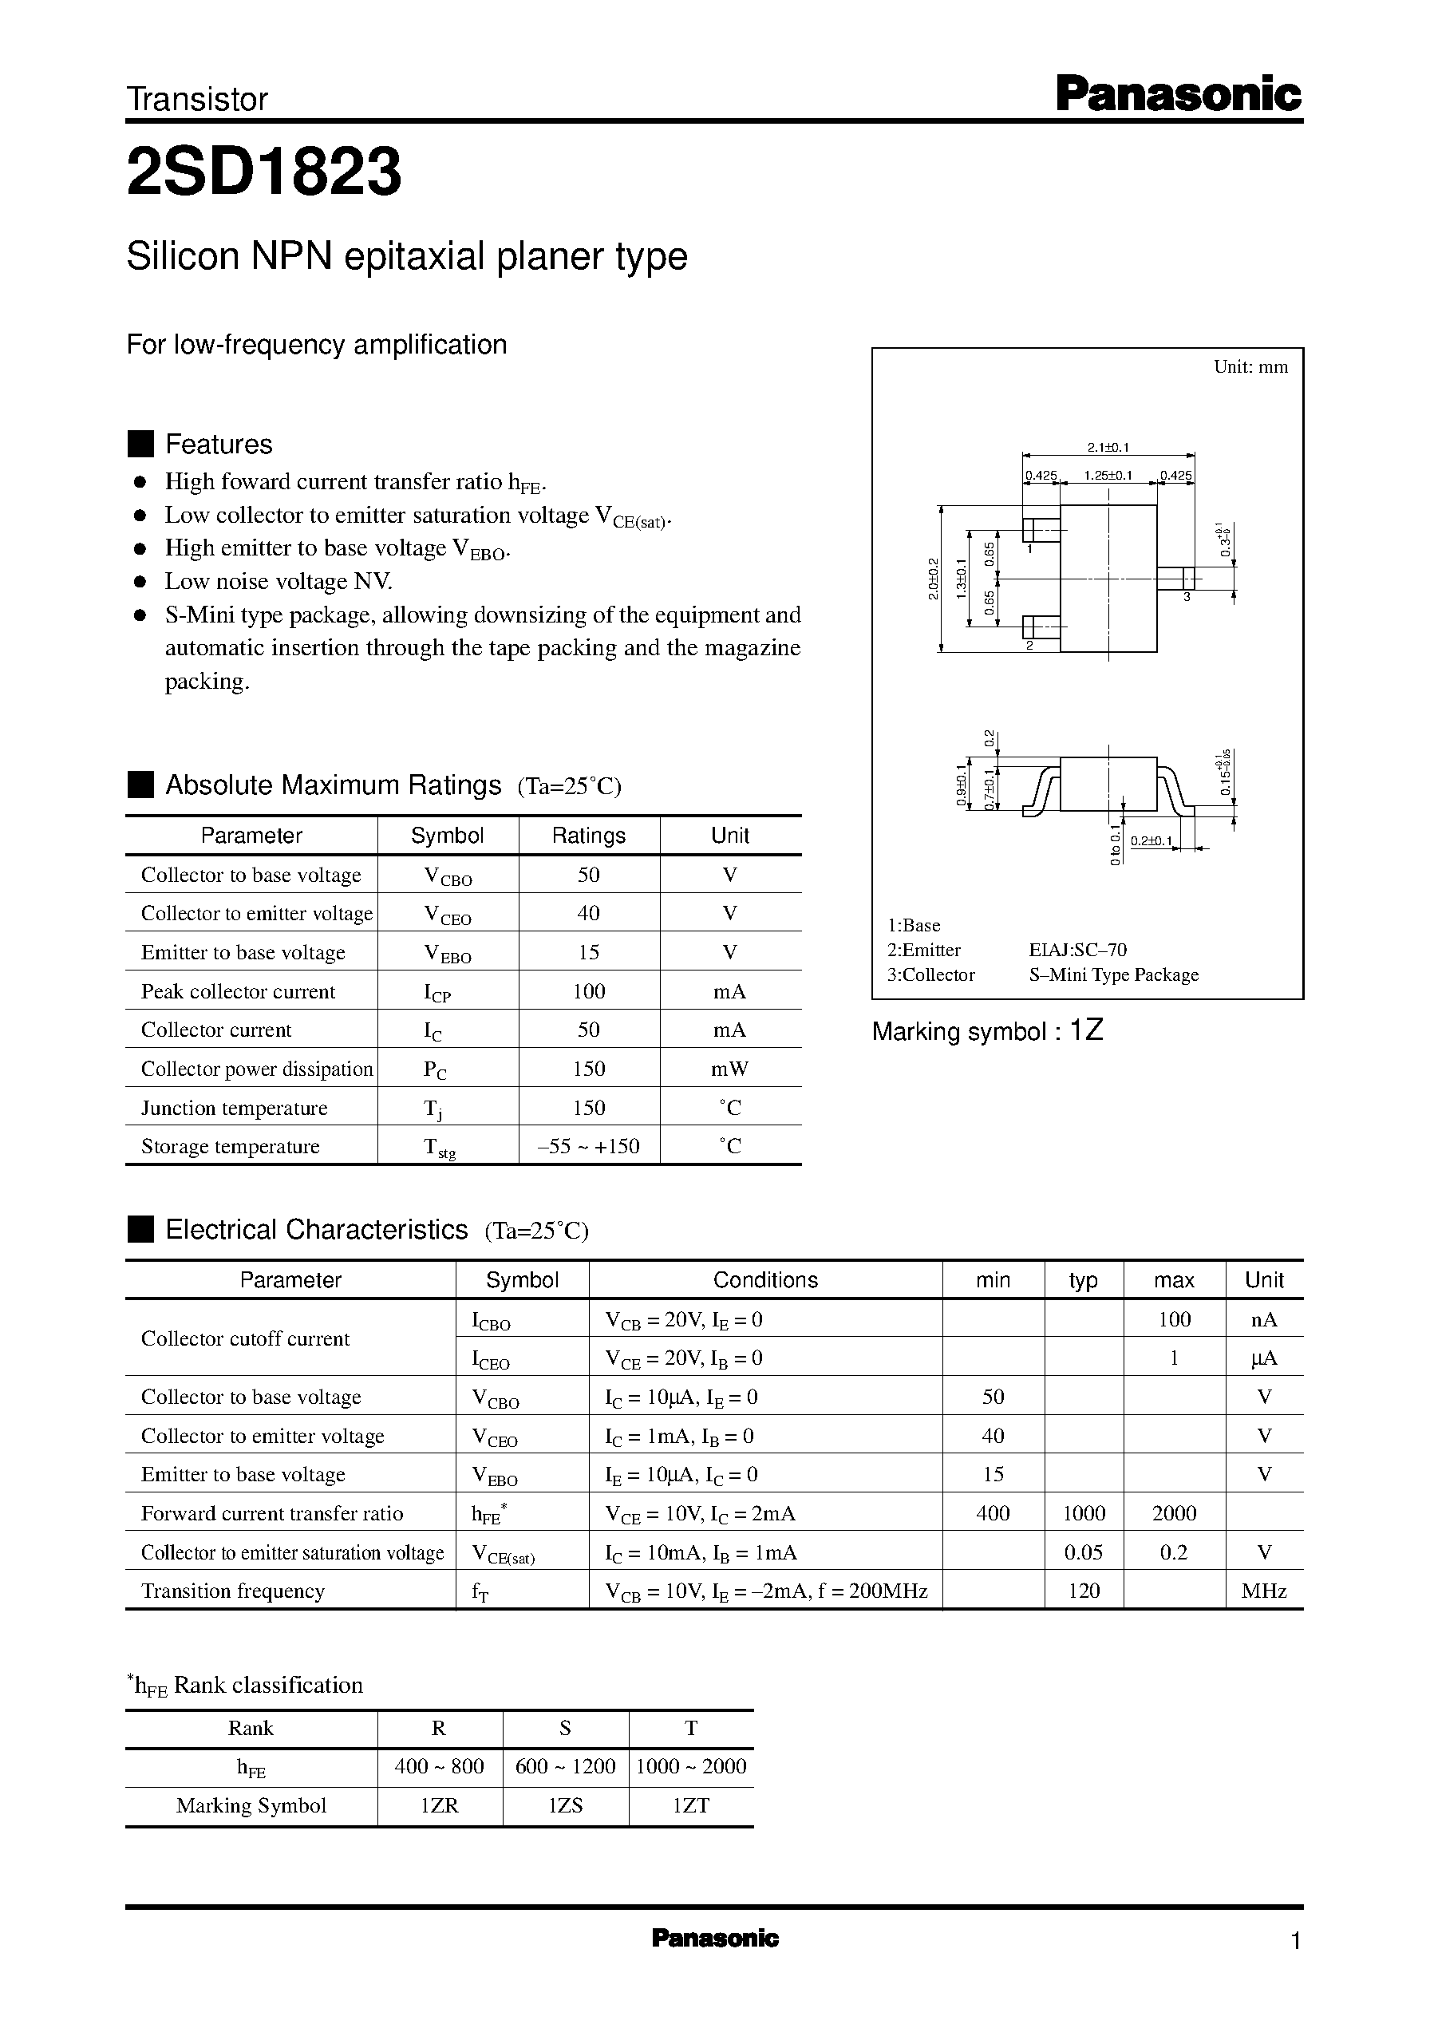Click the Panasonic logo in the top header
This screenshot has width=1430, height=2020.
coord(1177,94)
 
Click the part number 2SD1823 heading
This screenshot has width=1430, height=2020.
coord(264,172)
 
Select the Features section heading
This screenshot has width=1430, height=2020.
coord(219,444)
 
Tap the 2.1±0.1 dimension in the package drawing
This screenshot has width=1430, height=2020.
coord(1108,447)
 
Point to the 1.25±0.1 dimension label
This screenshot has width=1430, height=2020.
coord(1108,476)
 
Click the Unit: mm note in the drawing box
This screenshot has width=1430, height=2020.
coord(1250,367)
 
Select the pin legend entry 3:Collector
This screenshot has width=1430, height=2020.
coord(930,974)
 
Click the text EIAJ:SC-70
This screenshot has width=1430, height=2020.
coord(1077,950)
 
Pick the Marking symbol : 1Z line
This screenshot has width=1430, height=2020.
coord(987,1031)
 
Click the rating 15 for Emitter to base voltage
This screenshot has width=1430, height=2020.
coord(588,953)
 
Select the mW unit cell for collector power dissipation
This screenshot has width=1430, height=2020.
coord(729,1069)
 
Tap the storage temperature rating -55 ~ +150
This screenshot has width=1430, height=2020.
coord(588,1147)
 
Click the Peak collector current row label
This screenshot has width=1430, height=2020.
coord(238,991)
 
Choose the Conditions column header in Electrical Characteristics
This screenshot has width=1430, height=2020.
coord(764,1280)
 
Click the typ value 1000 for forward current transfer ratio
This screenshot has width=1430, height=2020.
coord(1083,1514)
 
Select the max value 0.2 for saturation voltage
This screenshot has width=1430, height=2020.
coord(1173,1552)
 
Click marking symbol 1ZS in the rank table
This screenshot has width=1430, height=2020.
coord(565,1806)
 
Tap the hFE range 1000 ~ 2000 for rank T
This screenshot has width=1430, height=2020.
coord(691,1766)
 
